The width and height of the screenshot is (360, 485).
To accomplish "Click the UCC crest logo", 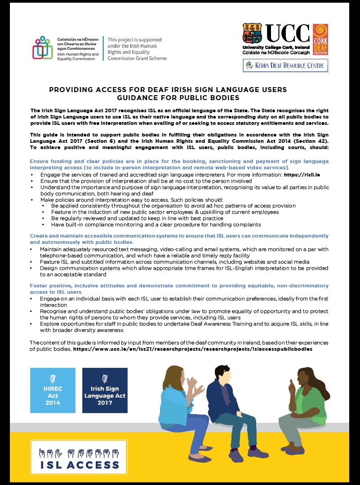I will [252, 34].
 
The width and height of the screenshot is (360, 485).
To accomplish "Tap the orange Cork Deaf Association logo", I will [320, 40].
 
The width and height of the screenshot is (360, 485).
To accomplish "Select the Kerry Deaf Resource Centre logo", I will [286, 66].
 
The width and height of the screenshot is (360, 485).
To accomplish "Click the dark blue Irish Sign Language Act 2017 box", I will [105, 390].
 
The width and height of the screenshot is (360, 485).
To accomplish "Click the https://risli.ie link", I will [304, 174].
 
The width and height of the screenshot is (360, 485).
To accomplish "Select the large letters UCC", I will [288, 34].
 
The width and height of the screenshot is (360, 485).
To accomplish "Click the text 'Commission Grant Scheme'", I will [137, 58].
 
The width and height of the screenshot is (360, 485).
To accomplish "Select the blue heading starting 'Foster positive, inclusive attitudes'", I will [179, 286].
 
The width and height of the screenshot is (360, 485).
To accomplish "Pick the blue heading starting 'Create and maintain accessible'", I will [179, 236].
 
